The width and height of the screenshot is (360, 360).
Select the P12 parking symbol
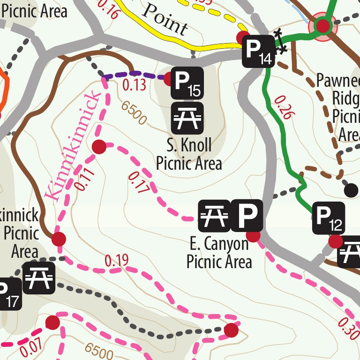tap(329, 218)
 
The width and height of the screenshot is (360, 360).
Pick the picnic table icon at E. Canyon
tap(214, 217)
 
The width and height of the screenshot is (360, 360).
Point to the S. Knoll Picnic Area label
tap(189, 154)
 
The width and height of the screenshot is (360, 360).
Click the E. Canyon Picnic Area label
tap(219, 253)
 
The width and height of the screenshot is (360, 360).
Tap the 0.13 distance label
tap(134, 85)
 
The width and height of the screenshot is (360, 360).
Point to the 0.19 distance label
tap(117, 261)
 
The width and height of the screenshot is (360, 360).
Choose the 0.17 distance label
tap(138, 183)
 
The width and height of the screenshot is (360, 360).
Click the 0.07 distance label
tap(32, 346)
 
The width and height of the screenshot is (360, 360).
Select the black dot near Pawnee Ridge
tap(351, 190)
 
